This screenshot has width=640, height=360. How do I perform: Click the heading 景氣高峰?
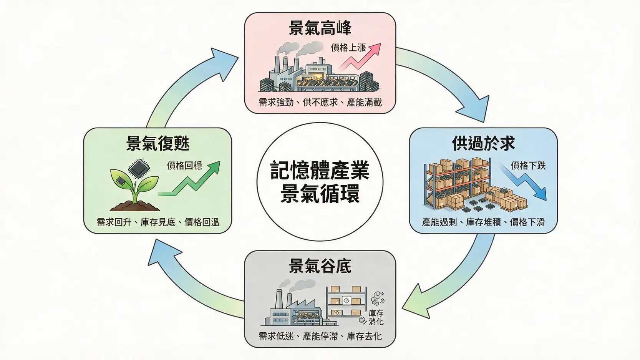320,28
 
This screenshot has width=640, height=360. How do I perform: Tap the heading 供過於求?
483,143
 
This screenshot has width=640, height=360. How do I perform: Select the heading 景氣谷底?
320,266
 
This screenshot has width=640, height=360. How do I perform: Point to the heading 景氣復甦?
158,143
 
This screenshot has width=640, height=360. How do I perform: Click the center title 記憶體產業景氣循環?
320,182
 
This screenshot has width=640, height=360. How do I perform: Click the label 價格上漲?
348,47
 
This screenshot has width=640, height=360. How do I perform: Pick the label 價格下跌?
528,166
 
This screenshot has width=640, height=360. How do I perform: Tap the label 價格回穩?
184,165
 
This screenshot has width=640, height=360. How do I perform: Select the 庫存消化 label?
376,317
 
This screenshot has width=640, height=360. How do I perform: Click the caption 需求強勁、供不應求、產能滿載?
320,102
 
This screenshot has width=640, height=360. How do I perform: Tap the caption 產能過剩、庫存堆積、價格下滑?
483,222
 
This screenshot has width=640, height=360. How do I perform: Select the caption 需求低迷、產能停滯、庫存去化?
320,336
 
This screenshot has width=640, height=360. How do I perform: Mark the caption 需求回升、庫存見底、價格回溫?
158,222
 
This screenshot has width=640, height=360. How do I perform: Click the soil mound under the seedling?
134,205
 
